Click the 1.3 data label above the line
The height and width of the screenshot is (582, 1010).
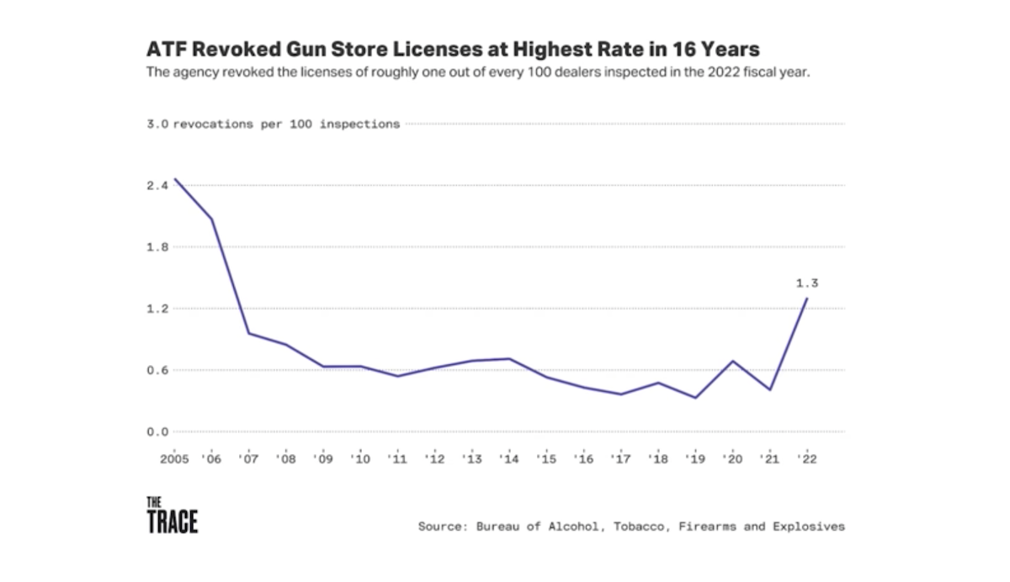(x=806, y=283)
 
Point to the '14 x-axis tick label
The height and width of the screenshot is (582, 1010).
(x=508, y=460)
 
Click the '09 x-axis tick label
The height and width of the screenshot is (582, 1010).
(x=322, y=460)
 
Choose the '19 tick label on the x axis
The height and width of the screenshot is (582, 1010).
(x=694, y=460)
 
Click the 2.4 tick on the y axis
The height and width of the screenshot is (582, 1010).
(x=159, y=185)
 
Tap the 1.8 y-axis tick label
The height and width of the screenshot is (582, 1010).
(x=159, y=247)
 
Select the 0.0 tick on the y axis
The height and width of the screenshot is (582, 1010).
(x=159, y=431)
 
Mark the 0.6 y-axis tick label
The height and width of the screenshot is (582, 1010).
(x=159, y=370)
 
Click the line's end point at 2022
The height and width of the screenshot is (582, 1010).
(x=807, y=299)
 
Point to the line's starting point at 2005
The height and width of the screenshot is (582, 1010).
(x=174, y=179)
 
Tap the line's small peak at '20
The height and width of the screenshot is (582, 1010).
(x=733, y=361)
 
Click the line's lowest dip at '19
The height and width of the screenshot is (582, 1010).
(x=695, y=398)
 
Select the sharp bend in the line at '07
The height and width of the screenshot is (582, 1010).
(x=248, y=333)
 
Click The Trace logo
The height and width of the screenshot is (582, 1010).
(x=172, y=515)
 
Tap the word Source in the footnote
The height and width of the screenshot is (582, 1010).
(x=443, y=526)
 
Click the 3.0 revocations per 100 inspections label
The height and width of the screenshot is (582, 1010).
(x=274, y=124)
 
